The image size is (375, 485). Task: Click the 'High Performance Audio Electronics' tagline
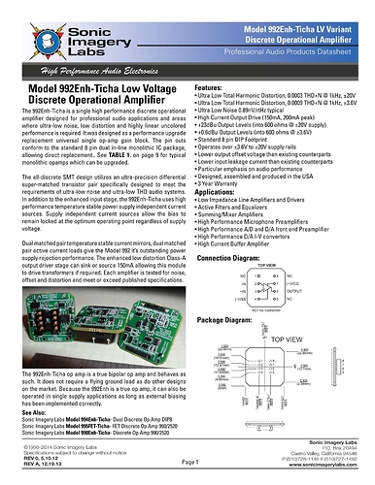[x=93, y=72]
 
